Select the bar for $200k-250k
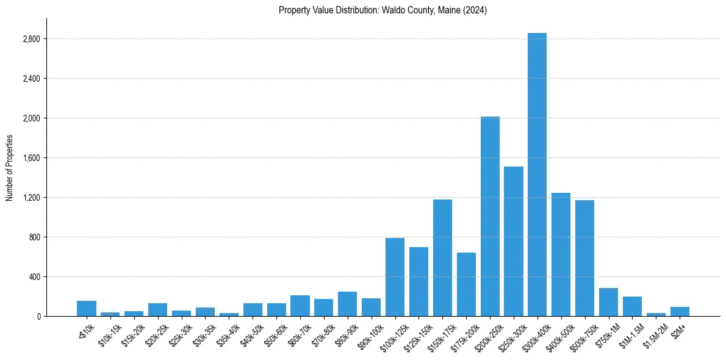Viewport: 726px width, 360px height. (x=490, y=217)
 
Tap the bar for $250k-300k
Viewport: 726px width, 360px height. (x=514, y=242)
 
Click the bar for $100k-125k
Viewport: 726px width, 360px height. (x=395, y=277)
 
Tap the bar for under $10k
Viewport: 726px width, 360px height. (x=87, y=309)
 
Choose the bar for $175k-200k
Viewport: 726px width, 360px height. (x=466, y=284)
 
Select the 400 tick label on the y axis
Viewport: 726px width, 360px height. (x=35, y=277)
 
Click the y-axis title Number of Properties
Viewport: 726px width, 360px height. (x=10, y=168)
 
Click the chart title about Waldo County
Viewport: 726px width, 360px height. (x=383, y=10)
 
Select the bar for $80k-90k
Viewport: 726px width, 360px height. (x=347, y=304)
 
